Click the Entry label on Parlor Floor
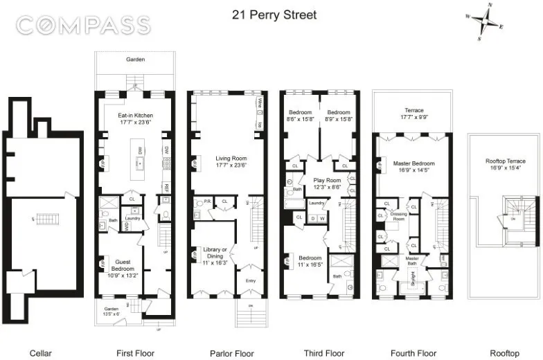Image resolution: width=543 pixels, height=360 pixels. click(x=249, y=281)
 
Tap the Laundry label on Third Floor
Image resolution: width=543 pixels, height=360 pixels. click(x=317, y=203)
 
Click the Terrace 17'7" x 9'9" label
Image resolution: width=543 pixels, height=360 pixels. click(x=414, y=114)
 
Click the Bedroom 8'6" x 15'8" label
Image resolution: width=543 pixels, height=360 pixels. click(x=301, y=116)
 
